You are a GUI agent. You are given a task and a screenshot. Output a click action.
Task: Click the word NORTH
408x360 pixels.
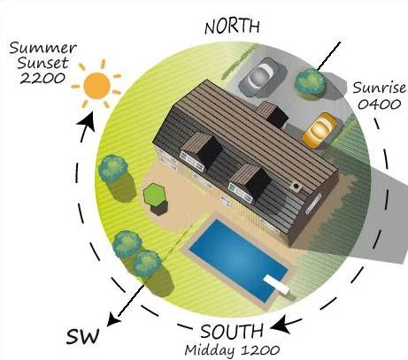tap(232, 27)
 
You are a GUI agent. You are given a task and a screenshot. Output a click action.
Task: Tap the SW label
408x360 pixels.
tap(82, 336)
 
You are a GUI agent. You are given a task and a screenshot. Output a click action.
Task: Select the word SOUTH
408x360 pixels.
tap(232, 332)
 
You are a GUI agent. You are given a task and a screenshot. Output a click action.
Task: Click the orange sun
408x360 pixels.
tap(96, 86)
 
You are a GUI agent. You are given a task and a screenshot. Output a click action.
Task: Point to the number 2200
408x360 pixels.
tap(42, 78)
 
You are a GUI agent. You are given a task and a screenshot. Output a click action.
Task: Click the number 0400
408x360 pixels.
tap(380, 104)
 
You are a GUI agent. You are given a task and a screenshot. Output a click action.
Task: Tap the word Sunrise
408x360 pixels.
tap(380, 88)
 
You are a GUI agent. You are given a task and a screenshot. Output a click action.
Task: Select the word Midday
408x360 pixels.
tap(210, 350)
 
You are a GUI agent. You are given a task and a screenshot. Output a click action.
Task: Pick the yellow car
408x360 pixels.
tap(319, 131)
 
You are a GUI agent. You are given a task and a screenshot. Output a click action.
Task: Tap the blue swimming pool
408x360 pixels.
tap(238, 261)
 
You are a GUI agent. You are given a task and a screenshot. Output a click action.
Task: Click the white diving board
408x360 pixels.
tap(276, 284)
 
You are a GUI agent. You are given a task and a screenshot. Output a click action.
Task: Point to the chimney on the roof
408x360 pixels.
tap(296, 187)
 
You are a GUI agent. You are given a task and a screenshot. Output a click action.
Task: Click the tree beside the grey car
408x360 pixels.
tap(310, 82)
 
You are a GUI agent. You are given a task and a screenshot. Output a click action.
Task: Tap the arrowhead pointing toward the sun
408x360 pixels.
tap(88, 121)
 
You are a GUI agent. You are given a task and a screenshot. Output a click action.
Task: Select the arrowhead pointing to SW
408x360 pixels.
tap(112, 318)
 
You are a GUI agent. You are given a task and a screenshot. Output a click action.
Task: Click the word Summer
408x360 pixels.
tap(43, 48)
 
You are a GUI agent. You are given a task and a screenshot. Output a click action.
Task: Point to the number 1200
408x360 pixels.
tap(260, 350)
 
